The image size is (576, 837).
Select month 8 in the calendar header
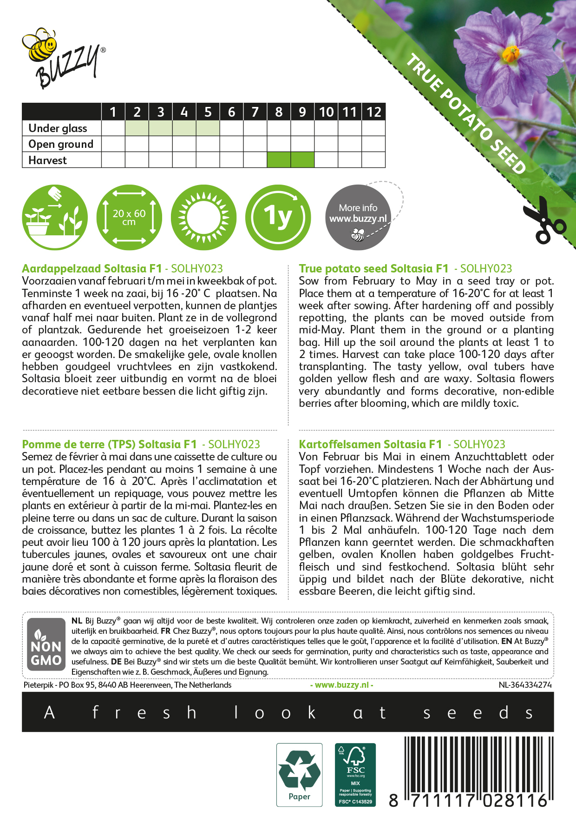(279, 112)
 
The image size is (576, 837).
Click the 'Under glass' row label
(58, 128)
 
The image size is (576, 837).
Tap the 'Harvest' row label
(47, 160)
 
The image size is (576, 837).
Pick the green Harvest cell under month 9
(302, 160)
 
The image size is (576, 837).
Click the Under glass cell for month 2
(137, 128)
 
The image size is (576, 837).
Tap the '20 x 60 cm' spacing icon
(129, 217)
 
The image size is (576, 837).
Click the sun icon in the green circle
(203, 217)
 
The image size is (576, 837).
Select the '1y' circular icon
(278, 217)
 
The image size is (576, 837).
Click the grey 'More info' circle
(358, 217)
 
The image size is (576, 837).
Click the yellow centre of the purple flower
(511, 54)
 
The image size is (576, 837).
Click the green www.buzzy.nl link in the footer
(341, 685)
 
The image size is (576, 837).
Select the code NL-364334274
(525, 685)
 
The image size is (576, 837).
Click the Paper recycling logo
(299, 774)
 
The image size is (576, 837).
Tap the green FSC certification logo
(355, 774)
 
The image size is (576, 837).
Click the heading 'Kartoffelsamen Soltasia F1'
(370, 445)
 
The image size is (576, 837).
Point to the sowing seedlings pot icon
(55, 217)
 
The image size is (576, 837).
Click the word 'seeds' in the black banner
(478, 712)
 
